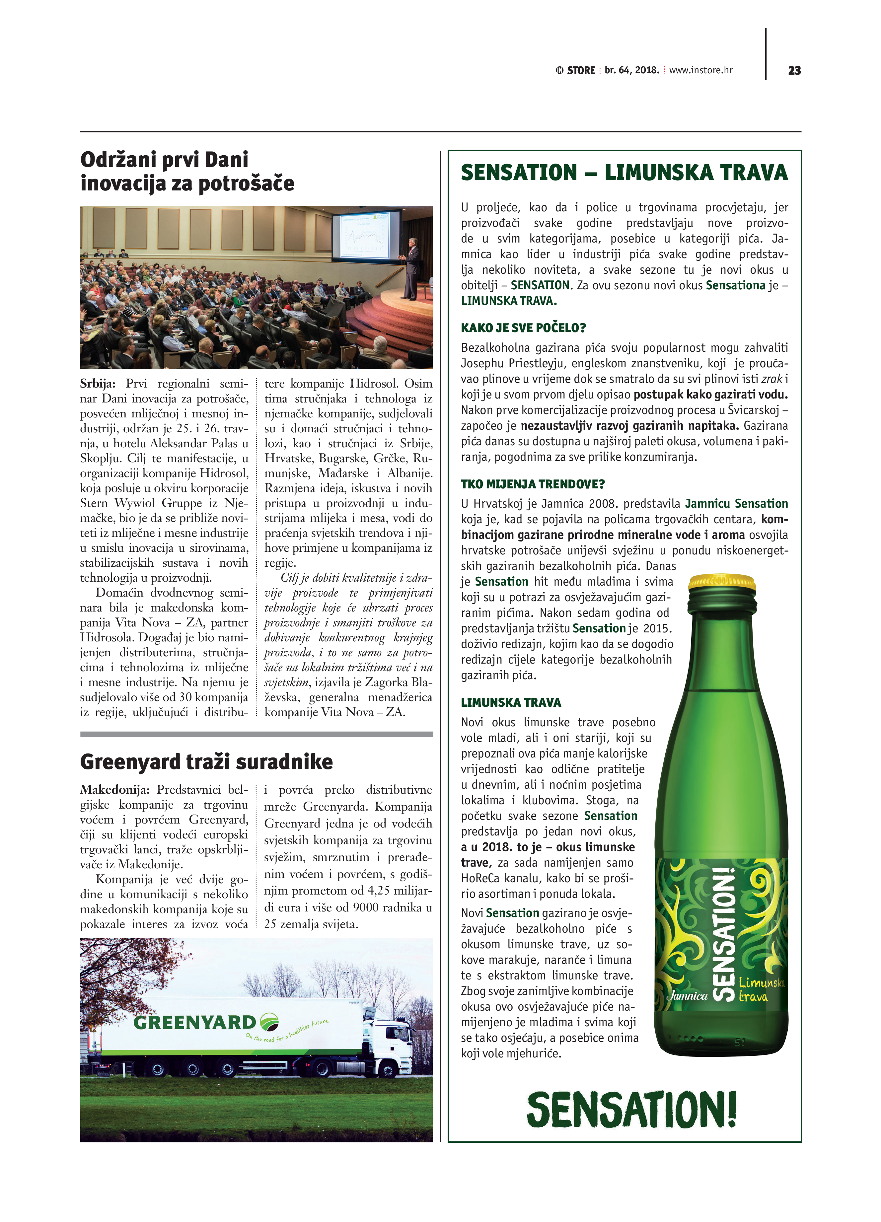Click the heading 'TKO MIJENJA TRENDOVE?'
532,484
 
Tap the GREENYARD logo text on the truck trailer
194,1022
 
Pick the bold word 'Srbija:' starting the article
98,384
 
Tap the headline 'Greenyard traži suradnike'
206,762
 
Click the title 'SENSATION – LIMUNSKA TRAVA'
624,173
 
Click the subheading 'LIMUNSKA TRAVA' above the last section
511,702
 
